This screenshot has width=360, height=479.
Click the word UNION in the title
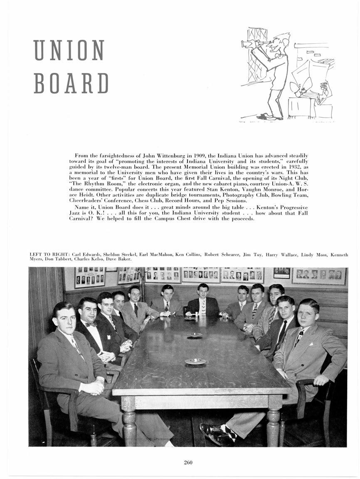click(x=69, y=50)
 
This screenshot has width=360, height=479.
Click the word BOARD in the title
click(x=71, y=83)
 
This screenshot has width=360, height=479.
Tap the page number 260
click(x=188, y=462)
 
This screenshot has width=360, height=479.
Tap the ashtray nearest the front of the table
click(x=195, y=361)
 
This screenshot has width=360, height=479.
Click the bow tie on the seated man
click(x=91, y=324)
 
